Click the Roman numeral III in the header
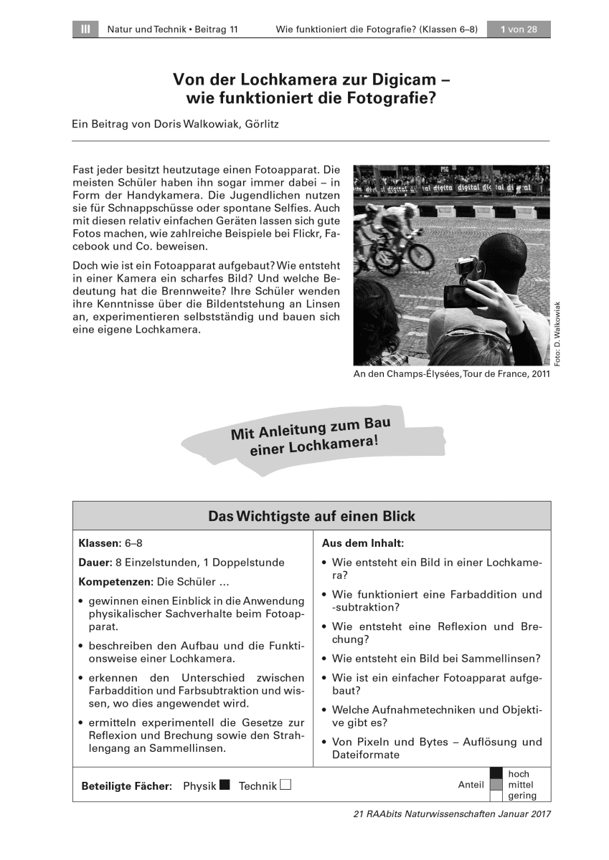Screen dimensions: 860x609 click(x=85, y=29)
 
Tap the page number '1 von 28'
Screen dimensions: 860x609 click(x=519, y=29)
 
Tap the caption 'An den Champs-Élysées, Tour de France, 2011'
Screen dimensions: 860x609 click(x=451, y=373)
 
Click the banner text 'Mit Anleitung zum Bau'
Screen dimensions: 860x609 click(x=311, y=429)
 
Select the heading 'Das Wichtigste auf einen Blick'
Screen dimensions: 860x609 click(x=311, y=516)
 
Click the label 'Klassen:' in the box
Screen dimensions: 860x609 click(x=100, y=543)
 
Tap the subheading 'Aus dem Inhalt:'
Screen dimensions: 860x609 click(x=358, y=544)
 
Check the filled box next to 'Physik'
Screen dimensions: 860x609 click(x=225, y=785)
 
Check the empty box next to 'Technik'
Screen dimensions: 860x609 click(x=285, y=785)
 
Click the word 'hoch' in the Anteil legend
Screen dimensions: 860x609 click(x=519, y=774)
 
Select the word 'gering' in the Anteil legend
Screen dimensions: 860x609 click(x=521, y=795)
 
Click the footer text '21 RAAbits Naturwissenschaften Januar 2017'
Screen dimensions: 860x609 click(x=452, y=814)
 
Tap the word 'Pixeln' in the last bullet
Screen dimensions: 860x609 click(x=376, y=742)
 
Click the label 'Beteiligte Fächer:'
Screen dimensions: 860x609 click(x=127, y=786)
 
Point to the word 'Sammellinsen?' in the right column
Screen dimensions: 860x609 click(x=504, y=658)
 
